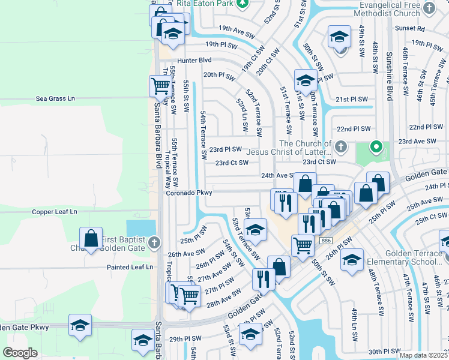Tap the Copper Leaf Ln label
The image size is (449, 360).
(55, 212)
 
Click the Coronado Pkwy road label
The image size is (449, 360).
(190, 193)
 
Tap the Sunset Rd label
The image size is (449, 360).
(410, 28)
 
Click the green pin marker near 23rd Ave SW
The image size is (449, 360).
(376, 146)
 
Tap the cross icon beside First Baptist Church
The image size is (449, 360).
(154, 243)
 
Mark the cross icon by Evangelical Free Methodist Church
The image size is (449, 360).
(429, 8)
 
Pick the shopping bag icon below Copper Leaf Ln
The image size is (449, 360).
(91, 238)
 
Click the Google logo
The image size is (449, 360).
(20, 352)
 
